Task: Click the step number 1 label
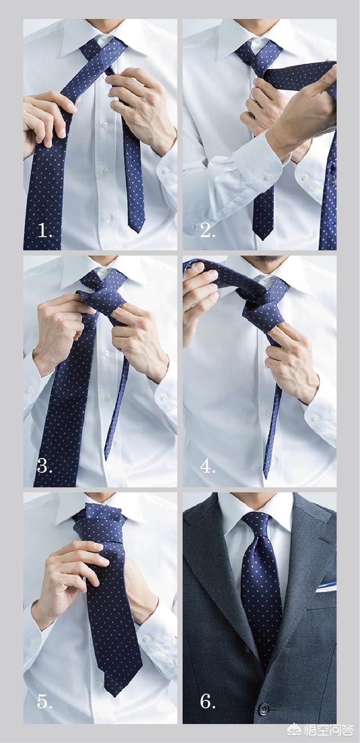point(45,230)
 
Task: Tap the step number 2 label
point(207,230)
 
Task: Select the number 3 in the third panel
point(44,466)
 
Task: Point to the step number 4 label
point(208,466)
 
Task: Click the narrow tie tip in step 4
point(265,477)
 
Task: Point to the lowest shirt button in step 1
point(107,218)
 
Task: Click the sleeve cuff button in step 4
point(316,418)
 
